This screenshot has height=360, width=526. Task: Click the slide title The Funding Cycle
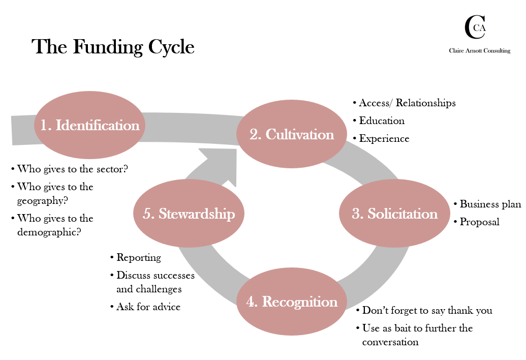click(x=113, y=47)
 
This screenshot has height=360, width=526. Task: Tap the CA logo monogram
click(x=475, y=27)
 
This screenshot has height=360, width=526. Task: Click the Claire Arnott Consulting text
click(x=479, y=51)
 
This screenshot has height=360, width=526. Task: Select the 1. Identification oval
click(x=90, y=125)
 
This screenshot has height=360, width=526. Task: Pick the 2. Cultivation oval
click(x=292, y=134)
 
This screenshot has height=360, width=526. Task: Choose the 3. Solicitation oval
click(x=395, y=214)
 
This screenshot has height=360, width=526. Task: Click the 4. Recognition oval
click(x=292, y=302)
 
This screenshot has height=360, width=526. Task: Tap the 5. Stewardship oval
click(x=189, y=214)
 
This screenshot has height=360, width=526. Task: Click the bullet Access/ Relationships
click(x=407, y=103)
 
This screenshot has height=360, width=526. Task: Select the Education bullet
click(x=382, y=121)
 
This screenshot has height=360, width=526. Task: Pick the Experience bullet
click(x=384, y=138)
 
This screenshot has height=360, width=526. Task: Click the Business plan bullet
click(x=490, y=204)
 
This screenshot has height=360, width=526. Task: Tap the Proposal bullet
click(x=479, y=222)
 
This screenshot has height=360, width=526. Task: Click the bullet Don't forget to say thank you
click(x=427, y=311)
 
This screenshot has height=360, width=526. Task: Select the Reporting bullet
click(x=139, y=258)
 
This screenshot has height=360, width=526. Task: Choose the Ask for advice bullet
click(x=148, y=307)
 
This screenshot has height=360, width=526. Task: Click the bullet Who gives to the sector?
click(x=72, y=169)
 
